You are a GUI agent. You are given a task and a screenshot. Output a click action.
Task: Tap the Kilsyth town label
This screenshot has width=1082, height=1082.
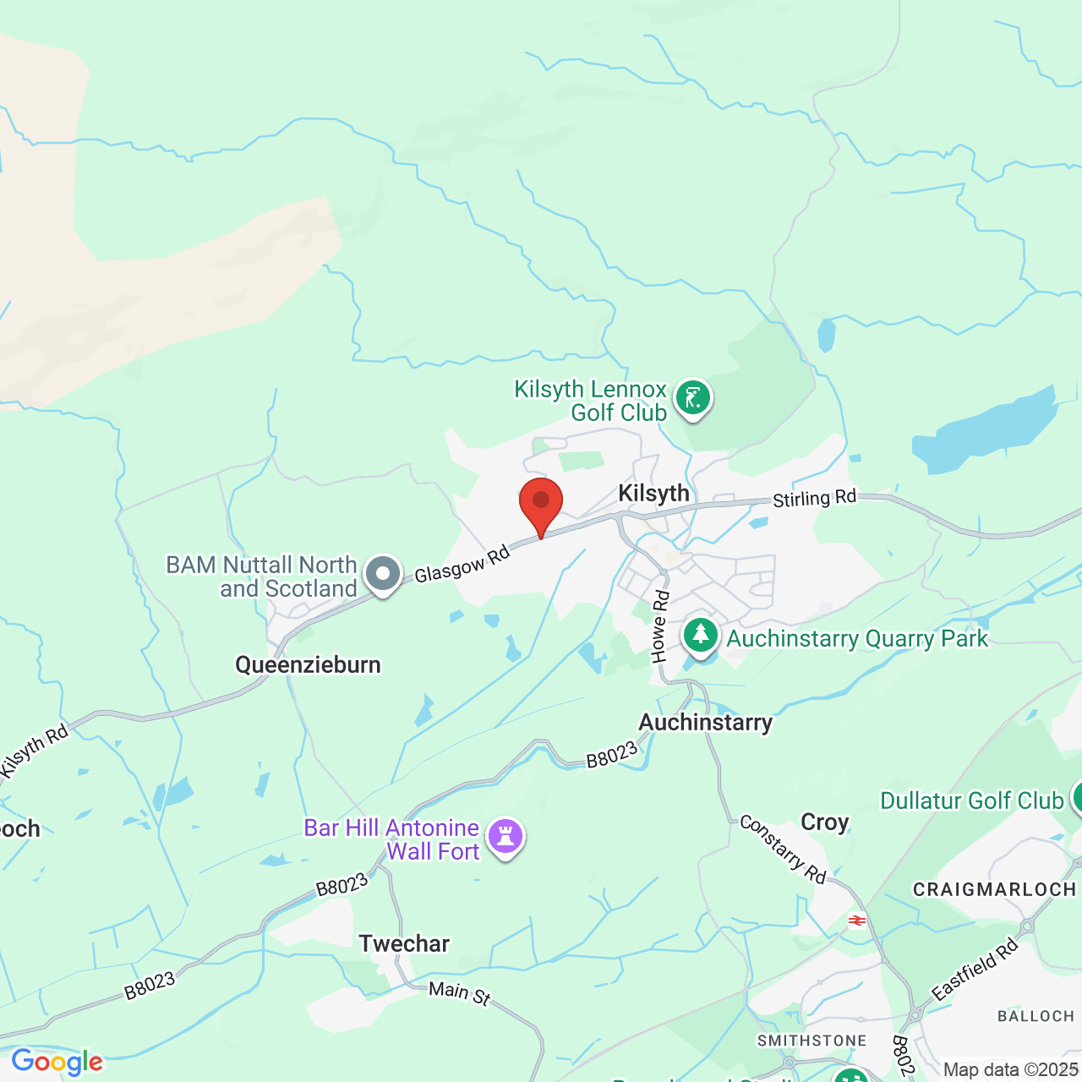653,494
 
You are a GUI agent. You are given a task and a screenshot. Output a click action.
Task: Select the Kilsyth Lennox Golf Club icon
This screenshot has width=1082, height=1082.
693,397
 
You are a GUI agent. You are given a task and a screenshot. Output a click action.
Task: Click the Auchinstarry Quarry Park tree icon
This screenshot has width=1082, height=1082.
700,635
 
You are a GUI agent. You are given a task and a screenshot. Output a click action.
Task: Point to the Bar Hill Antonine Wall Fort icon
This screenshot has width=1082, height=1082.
505,837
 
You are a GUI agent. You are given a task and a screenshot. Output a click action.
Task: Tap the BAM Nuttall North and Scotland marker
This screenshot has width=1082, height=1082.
383,574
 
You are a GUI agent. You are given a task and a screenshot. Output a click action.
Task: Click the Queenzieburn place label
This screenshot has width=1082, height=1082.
308,665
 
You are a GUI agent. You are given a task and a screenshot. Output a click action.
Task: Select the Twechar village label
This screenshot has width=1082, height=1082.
404,943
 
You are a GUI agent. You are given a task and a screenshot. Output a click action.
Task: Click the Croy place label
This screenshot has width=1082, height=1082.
824,822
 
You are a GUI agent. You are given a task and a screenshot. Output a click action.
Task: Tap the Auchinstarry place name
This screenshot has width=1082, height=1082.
705,723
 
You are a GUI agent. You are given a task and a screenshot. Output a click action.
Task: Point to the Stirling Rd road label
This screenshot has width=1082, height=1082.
815,498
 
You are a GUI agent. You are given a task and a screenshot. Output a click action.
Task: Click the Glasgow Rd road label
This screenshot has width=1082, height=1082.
462,565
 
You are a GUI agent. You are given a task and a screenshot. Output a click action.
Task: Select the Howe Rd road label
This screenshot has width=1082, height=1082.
660,626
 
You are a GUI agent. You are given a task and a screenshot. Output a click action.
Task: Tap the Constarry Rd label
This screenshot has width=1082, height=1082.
783,849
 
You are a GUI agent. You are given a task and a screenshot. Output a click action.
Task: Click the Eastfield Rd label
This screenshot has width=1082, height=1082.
975,970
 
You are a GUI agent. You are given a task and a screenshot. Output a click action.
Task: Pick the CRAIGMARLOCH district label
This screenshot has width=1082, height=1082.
994,889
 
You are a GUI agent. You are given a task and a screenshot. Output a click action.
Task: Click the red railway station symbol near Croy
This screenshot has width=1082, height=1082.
856,921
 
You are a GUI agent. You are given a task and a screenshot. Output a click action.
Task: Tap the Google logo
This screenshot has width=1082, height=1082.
57,1062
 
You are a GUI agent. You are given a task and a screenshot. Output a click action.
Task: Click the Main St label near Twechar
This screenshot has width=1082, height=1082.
459,992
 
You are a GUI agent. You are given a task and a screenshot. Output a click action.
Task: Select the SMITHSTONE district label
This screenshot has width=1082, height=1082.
811,1041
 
